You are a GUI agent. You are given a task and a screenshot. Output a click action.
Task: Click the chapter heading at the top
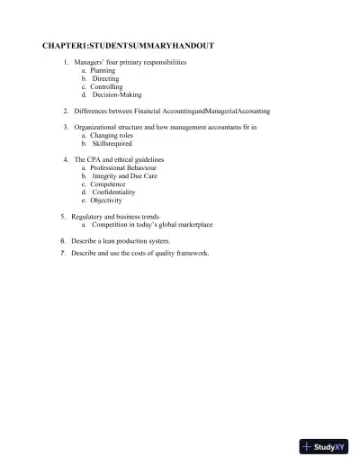pyautogui.click(x=128, y=44)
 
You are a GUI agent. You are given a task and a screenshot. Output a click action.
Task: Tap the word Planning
pyautogui.click(x=103, y=70)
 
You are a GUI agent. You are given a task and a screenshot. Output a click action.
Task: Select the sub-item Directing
pyautogui.click(x=105, y=78)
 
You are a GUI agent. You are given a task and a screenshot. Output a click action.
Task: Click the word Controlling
pyautogui.click(x=106, y=86)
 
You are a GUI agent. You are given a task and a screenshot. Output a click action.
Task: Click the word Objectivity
pyautogui.click(x=106, y=201)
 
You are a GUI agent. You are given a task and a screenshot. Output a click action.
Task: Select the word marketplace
pyautogui.click(x=193, y=225)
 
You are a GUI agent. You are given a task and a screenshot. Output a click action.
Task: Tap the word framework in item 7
pyautogui.click(x=191, y=254)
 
